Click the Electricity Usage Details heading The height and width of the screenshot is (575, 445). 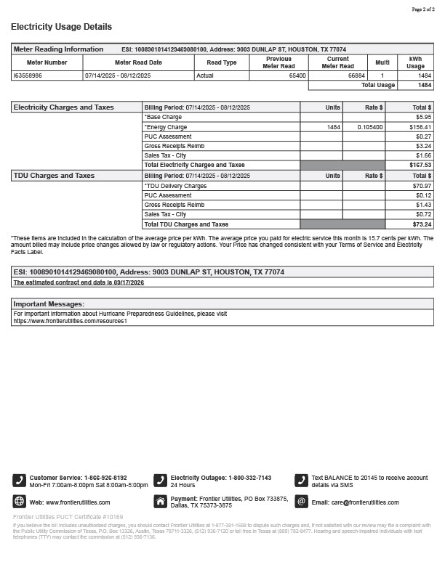(62, 27)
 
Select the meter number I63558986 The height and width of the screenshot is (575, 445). (28, 76)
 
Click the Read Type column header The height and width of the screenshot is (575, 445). (216, 62)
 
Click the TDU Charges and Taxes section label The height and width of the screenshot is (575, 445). (54, 176)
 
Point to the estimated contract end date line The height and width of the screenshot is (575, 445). (79, 282)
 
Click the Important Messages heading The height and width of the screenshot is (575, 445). (49, 303)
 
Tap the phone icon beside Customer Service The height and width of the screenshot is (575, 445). (19, 481)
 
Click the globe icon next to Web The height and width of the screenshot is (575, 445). (19, 502)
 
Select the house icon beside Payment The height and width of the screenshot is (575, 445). (160, 502)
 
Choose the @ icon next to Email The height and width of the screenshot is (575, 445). (301, 502)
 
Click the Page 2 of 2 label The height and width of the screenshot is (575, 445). (422, 9)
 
